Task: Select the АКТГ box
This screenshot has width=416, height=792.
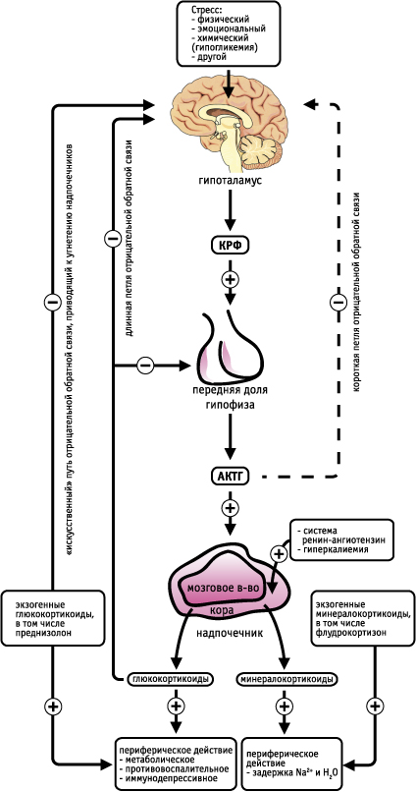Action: coord(230,476)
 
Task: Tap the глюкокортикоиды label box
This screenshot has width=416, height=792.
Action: coord(171,678)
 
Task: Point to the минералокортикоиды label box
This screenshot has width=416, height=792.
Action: coord(286,678)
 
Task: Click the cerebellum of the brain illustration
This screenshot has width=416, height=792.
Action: coord(260,150)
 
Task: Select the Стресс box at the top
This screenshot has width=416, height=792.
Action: coord(229,33)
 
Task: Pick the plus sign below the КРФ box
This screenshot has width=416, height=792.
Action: coord(230,279)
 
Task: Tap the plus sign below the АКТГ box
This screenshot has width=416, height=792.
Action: coord(230,508)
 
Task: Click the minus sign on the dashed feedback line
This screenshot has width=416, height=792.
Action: coord(338,302)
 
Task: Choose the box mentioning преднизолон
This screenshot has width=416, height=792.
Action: coord(52,617)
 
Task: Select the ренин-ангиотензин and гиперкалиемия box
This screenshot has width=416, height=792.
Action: coord(341,539)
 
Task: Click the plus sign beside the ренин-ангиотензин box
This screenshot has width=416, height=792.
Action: coord(279,553)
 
